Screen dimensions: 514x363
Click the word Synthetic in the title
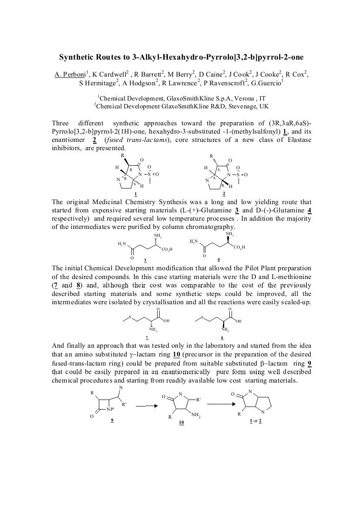(77, 57)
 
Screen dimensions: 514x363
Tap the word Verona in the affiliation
(247, 98)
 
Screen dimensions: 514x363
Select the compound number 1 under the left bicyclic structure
(136, 195)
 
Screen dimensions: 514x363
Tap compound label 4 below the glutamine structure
(218, 260)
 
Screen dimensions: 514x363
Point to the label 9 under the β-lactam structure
(112, 420)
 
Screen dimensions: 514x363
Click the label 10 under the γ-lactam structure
(181, 423)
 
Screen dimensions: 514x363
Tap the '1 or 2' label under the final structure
(255, 420)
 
